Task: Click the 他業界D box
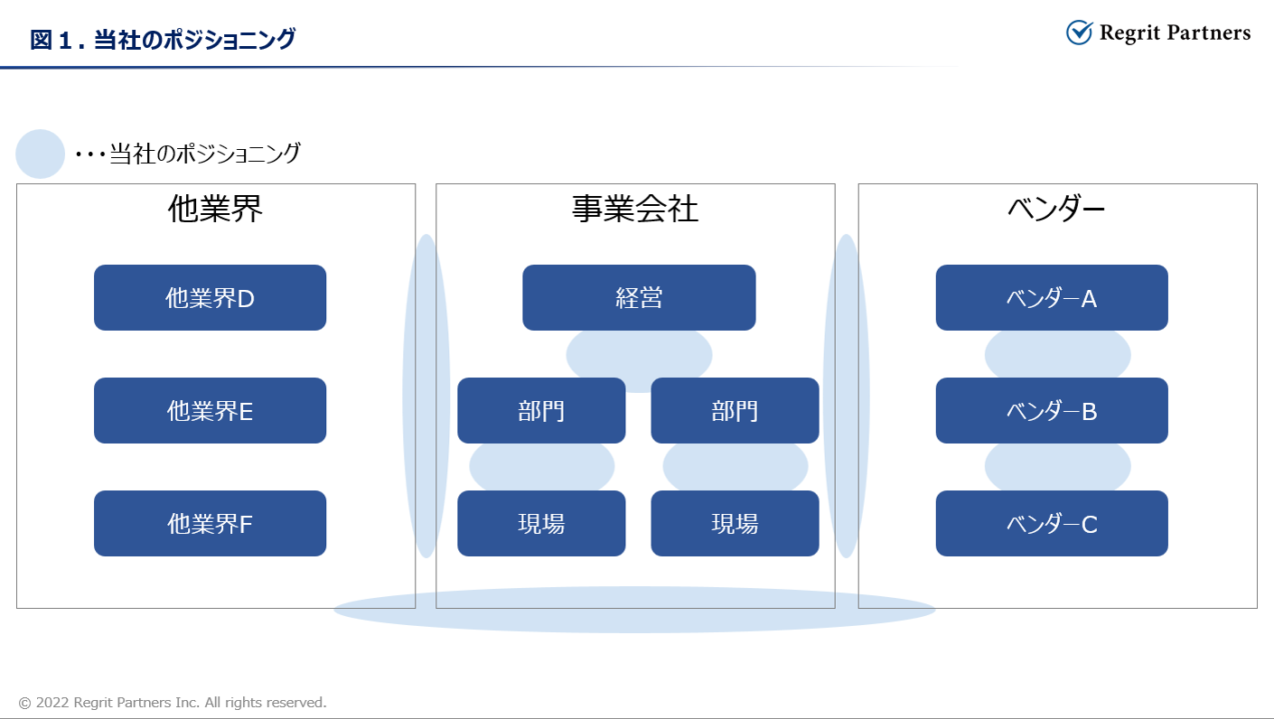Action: [210, 297]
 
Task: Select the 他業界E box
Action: [210, 410]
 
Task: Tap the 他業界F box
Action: [210, 524]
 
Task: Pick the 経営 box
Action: [639, 297]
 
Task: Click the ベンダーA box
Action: [1052, 297]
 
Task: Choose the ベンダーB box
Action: [1052, 410]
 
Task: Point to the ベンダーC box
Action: [1052, 524]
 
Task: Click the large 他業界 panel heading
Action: [215, 209]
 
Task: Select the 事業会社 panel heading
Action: [634, 209]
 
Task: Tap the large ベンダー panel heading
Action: [1056, 209]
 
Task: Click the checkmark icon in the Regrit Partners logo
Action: [1079, 33]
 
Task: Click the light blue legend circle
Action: [40, 154]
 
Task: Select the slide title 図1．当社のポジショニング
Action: [163, 39]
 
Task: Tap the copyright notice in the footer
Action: [173, 703]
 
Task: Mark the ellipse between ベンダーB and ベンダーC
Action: [1058, 467]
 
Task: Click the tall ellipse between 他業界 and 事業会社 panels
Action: [426, 397]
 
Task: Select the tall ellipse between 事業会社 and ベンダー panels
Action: [847, 397]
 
